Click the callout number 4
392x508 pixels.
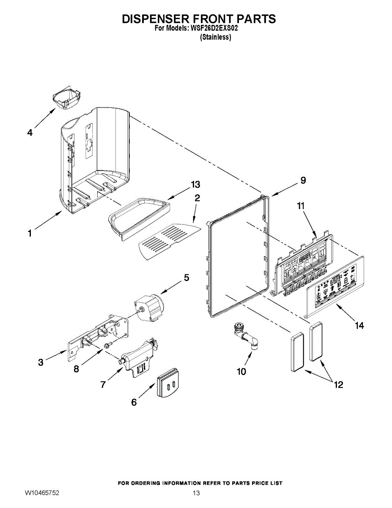30,133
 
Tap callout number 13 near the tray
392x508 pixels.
195,185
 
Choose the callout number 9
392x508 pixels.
302,180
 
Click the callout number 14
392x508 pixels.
359,326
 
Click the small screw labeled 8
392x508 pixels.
107,345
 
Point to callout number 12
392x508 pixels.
338,385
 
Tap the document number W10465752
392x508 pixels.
41,493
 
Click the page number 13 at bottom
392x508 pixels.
196,493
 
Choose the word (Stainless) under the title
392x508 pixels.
215,37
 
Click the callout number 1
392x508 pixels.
30,233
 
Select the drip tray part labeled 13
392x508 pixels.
140,216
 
